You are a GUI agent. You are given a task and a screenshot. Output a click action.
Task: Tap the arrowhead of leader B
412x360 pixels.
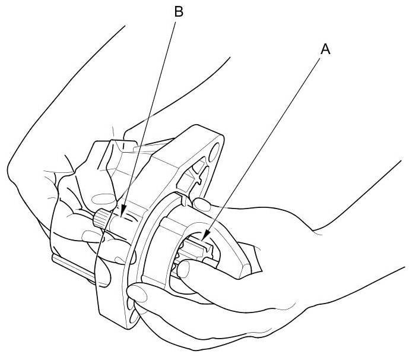[122, 214]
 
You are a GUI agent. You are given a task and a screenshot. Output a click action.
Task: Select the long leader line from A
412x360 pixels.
[267, 143]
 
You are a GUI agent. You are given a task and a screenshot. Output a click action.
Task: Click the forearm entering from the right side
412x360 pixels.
[356, 238]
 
